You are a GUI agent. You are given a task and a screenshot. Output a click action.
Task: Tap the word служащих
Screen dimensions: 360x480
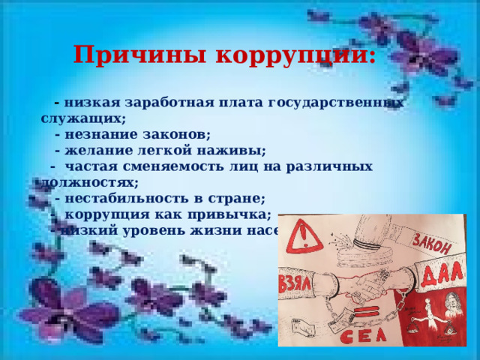82,118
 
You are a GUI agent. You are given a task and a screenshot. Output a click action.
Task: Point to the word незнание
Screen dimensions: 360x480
97,135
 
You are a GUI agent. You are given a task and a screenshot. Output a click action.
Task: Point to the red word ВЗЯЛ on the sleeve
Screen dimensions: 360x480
297,286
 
